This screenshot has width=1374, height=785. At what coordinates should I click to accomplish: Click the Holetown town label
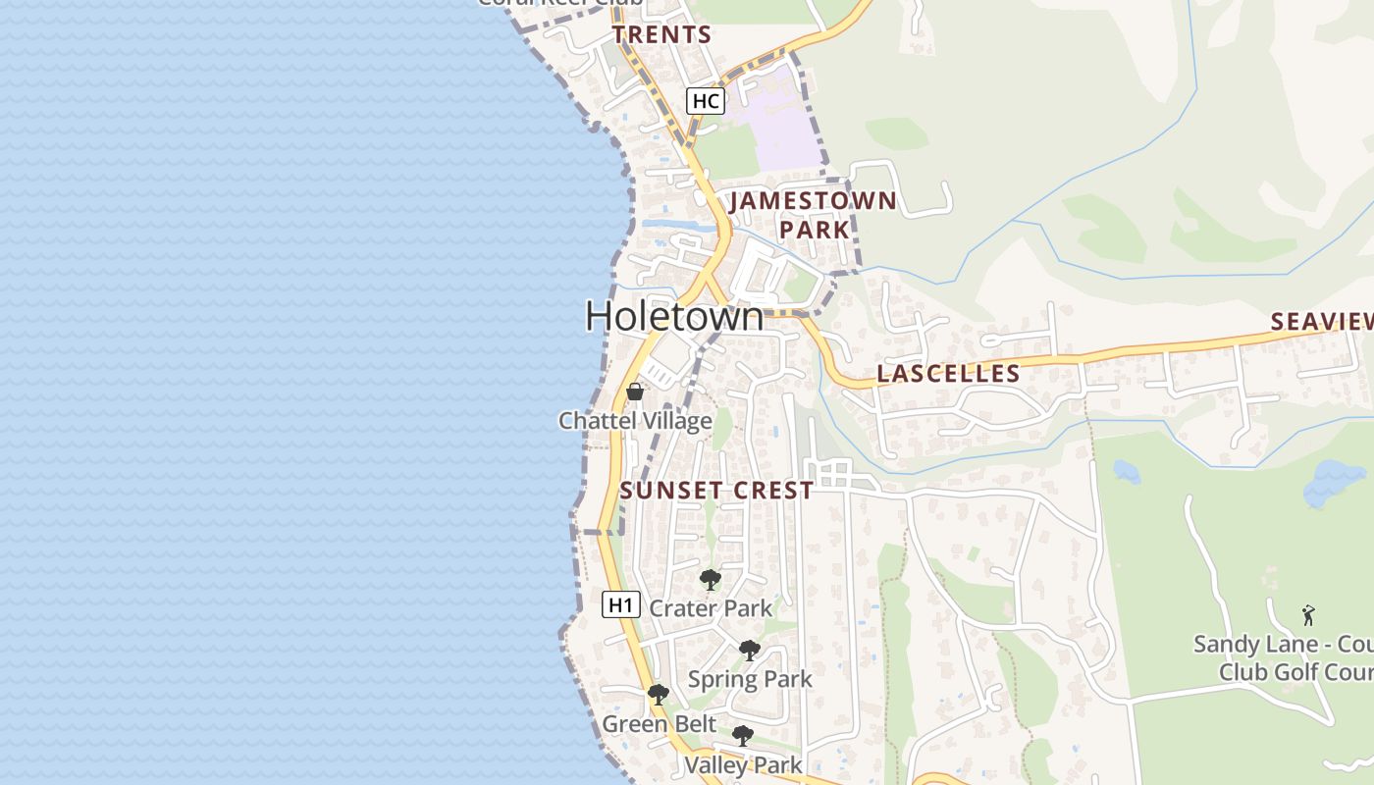[674, 316]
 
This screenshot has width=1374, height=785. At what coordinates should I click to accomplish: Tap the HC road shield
[705, 101]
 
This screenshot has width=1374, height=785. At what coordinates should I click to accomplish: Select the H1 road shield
[621, 604]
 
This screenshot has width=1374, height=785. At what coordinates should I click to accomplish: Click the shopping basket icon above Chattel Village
[635, 392]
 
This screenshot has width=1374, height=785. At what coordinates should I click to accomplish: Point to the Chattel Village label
[635, 421]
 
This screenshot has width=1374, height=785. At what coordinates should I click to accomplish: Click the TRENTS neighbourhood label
[662, 34]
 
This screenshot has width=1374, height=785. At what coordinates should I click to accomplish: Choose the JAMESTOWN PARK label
[813, 215]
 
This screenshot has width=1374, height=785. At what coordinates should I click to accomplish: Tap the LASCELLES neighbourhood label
[948, 374]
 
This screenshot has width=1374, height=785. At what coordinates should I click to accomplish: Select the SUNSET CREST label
[716, 491]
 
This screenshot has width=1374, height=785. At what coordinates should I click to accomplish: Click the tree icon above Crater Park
[711, 580]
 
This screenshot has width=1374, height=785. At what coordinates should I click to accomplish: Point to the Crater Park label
[711, 608]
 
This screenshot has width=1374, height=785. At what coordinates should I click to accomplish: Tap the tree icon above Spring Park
[750, 651]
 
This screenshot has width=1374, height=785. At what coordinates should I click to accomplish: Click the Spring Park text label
[750, 679]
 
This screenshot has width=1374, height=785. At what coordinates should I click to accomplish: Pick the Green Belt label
[659, 724]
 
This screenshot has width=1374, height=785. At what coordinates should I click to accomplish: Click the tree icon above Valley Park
[743, 736]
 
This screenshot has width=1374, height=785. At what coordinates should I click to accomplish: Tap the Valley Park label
[743, 764]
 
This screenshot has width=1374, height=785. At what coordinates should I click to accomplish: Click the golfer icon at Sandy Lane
[1308, 615]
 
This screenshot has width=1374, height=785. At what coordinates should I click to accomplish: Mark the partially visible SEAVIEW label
[1321, 322]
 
